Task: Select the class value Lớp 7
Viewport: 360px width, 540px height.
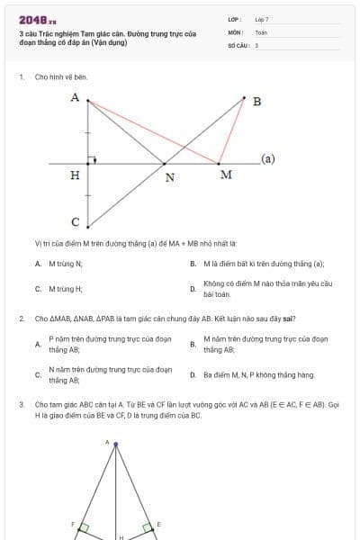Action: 262,18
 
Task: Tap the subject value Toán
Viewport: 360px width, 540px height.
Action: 261,31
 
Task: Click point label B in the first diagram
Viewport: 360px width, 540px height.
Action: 256,101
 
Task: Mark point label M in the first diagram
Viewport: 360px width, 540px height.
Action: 226,174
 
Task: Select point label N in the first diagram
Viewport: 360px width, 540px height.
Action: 169,176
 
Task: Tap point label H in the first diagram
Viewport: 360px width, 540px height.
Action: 75,175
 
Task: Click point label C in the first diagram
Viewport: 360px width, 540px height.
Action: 75,221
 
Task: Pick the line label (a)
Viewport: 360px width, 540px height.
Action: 267,158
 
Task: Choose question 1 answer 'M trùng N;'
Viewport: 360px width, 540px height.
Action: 65,264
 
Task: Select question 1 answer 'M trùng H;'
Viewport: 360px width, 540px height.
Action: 65,289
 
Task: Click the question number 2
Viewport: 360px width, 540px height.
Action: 21,318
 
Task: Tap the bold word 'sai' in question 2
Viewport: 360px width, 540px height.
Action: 290,318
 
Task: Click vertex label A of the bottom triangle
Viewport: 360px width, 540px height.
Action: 107,443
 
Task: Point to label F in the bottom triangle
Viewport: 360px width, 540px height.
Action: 74,523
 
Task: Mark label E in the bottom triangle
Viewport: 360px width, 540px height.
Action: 158,523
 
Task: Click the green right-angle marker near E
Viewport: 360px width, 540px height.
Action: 147,528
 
